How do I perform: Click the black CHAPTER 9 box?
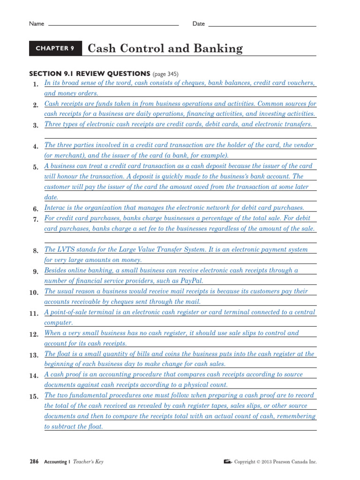tap(55, 48)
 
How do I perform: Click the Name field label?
tap(37, 24)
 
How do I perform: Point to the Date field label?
tap(199, 24)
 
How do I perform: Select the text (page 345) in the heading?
tap(165, 74)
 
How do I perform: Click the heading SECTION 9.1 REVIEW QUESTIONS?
tap(90, 74)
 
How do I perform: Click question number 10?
tap(33, 292)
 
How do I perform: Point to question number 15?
tap(33, 397)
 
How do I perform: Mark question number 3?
tap(35, 126)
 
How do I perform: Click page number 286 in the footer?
tap(34, 462)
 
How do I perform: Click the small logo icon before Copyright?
tap(228, 462)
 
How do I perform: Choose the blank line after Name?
tap(113, 24)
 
